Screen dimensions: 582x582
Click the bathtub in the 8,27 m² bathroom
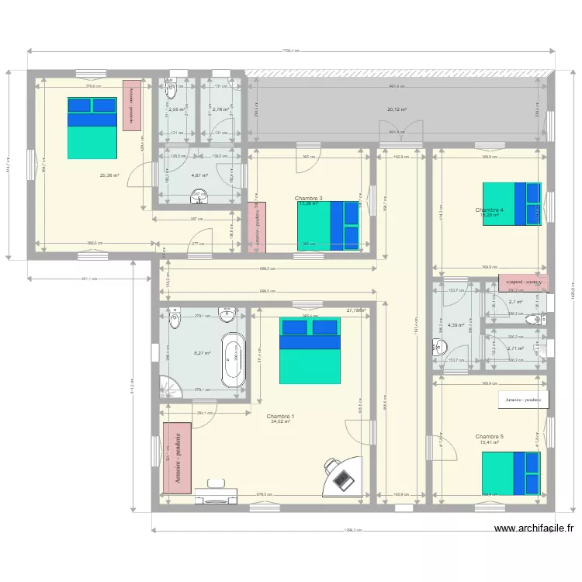pyautogui.click(x=234, y=359)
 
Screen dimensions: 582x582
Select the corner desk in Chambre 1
pyautogui.click(x=342, y=475)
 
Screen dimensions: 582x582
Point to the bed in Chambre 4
pyautogui.click(x=511, y=203)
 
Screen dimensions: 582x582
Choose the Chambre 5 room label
pyautogui.click(x=490, y=437)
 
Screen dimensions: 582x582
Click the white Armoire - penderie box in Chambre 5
pyautogui.click(x=523, y=400)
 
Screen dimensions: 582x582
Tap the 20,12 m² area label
pyautogui.click(x=397, y=109)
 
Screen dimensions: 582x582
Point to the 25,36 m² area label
pyautogui.click(x=109, y=175)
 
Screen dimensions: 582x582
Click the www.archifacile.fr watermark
pyautogui.click(x=534, y=528)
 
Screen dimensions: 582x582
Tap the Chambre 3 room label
pyautogui.click(x=309, y=199)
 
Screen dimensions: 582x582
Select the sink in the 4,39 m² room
pyautogui.click(x=438, y=348)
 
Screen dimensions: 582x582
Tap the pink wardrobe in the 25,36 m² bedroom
pyautogui.click(x=132, y=105)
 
